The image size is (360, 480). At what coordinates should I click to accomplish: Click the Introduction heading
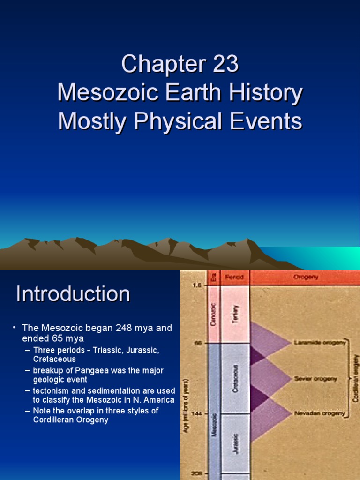[x=73, y=294]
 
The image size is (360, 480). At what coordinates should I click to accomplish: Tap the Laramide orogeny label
[x=320, y=343]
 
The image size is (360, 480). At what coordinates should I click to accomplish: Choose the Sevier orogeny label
[x=315, y=378]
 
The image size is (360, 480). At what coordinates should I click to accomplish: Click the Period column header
[x=234, y=277]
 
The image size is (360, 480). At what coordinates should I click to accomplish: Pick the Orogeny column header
[x=306, y=277]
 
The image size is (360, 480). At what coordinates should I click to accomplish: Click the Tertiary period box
[x=235, y=314]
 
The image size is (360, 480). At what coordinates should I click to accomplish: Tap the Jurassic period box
[x=235, y=443]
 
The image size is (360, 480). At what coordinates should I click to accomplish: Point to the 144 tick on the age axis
[x=197, y=413]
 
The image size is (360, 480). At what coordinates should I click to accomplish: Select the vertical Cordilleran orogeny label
[x=356, y=378]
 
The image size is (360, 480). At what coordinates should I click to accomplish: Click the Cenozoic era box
[x=213, y=314]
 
